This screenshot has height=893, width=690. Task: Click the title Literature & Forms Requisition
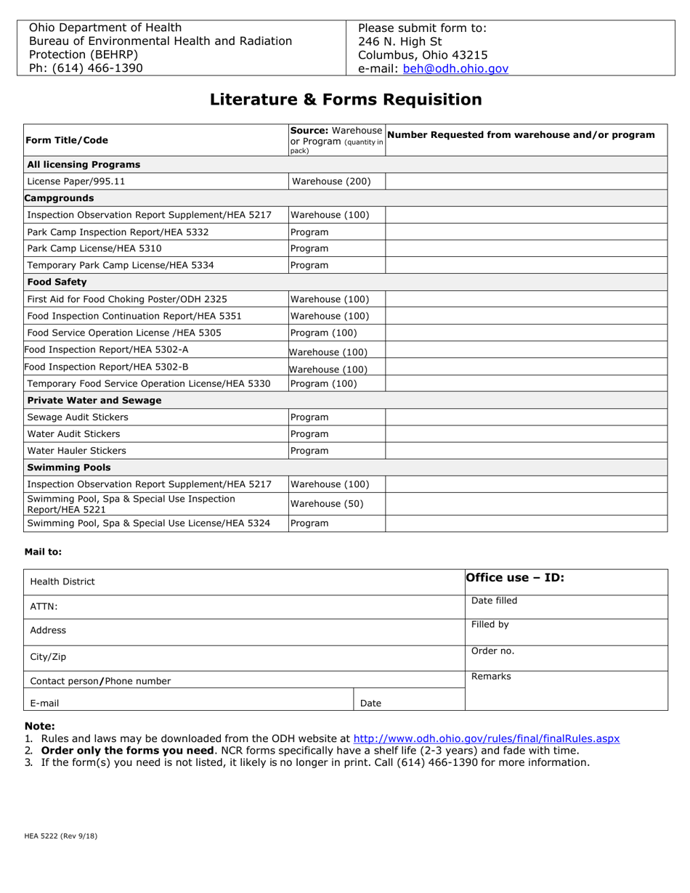point(346,99)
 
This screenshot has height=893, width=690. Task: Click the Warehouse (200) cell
point(330,182)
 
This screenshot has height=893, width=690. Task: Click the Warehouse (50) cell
point(327,504)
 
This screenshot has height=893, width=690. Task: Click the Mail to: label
point(44,552)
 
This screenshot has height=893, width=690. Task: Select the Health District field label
point(62,582)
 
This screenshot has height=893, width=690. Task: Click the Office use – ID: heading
point(515,579)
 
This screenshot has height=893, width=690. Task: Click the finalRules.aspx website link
point(486,738)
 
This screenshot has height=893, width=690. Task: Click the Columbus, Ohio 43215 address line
point(423,55)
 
